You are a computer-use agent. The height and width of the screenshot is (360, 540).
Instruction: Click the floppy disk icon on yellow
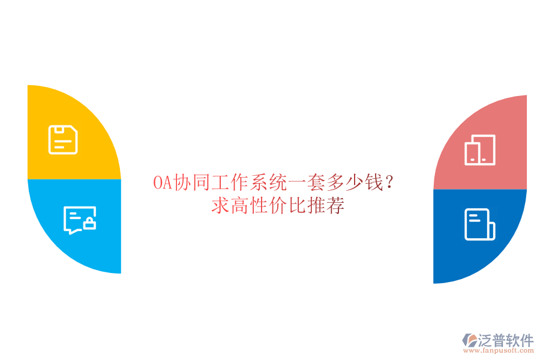[63, 140]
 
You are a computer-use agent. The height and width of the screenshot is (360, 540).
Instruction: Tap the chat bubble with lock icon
[80, 220]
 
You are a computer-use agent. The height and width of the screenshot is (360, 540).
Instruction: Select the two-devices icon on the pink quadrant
[480, 150]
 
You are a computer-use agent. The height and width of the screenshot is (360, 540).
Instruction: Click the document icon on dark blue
[479, 224]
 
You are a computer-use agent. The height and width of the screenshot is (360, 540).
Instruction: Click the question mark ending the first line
[391, 182]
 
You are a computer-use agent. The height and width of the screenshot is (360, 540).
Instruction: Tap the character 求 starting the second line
[220, 206]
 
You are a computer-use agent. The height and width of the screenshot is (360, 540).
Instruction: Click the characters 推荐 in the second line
[326, 206]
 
